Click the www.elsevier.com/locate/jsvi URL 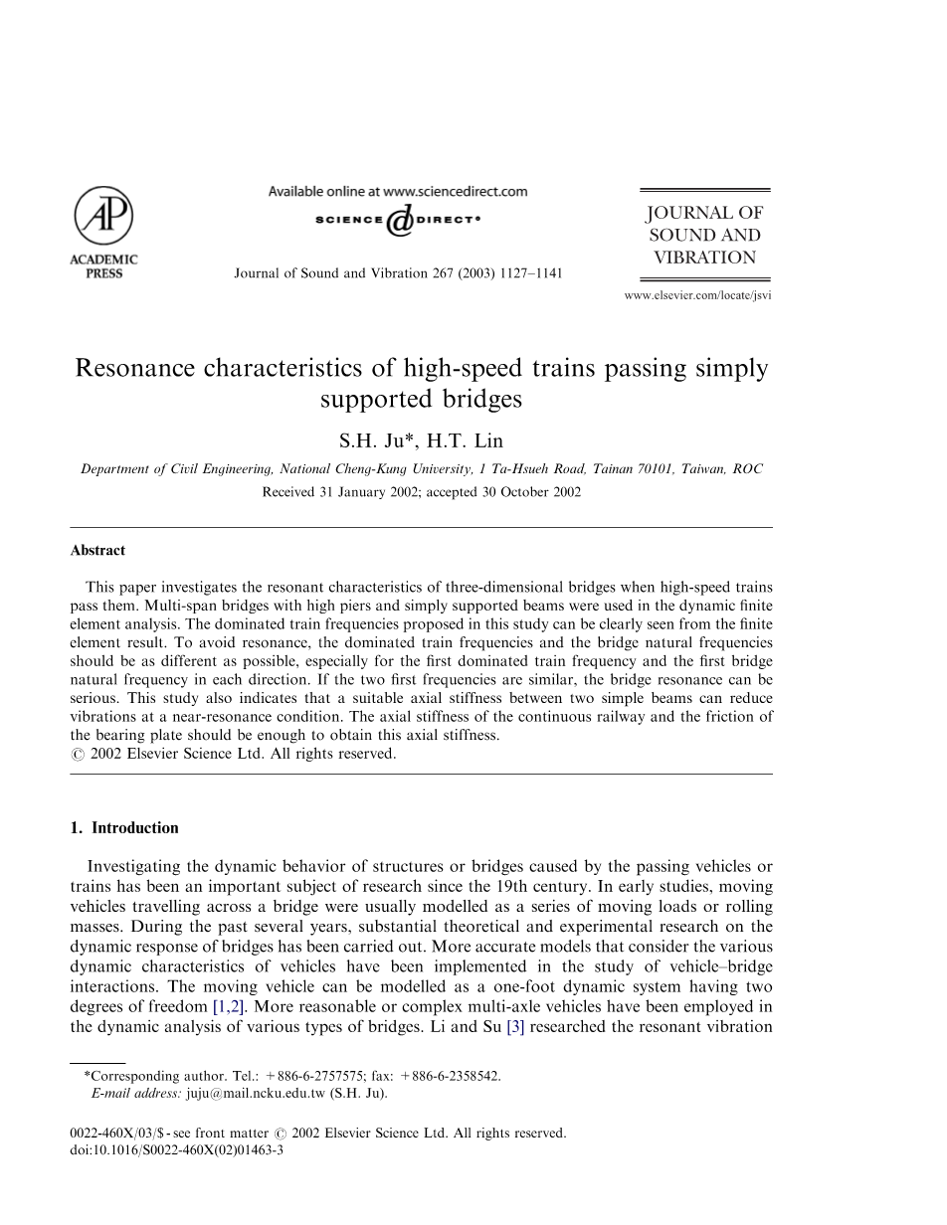pos(696,295)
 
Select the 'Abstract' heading pos(97,550)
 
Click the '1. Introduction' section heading pos(124,827)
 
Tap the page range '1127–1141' pos(528,272)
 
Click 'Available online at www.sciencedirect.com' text pos(397,191)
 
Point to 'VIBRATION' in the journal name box pos(704,258)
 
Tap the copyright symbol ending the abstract pos(77,754)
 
